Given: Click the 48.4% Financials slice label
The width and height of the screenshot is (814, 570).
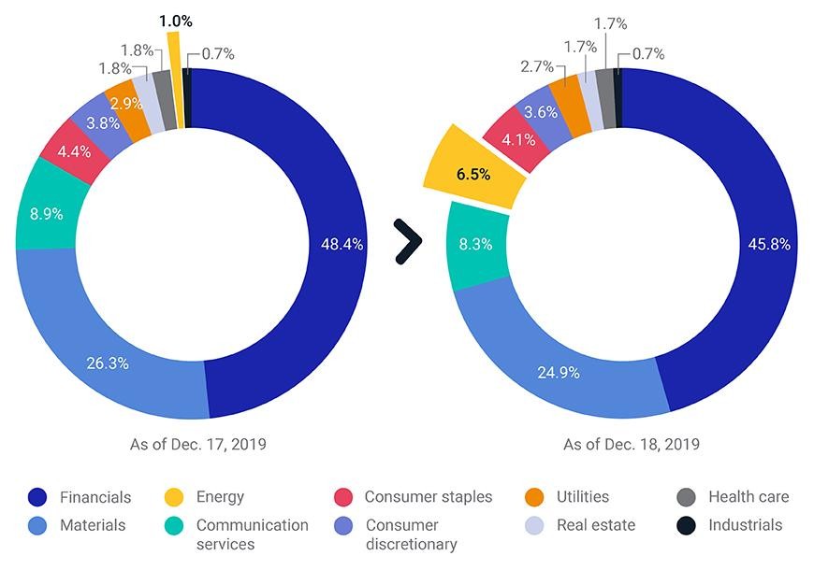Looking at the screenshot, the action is (x=342, y=244).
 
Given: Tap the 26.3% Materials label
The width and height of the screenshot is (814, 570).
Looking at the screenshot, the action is (x=108, y=363).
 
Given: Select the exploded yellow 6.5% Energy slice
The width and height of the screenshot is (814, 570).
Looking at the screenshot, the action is (x=473, y=167).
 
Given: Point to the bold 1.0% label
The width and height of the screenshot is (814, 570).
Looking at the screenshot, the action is (x=176, y=21).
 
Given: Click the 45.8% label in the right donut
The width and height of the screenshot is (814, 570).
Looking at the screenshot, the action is (x=769, y=244).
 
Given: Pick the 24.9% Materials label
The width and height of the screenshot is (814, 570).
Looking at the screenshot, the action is (x=559, y=373).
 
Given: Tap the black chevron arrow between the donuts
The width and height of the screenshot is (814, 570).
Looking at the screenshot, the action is (x=408, y=242).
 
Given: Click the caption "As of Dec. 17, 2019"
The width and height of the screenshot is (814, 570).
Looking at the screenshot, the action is (x=197, y=445).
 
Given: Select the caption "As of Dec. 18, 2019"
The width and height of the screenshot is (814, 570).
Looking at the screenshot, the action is (x=632, y=445).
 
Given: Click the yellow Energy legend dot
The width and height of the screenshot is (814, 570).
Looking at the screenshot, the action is (x=174, y=497).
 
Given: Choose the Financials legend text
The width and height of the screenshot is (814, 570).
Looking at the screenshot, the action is (x=95, y=497).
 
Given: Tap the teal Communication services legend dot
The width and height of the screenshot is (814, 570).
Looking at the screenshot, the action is (x=174, y=526).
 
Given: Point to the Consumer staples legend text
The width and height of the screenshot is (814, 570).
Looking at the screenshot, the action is (x=429, y=497).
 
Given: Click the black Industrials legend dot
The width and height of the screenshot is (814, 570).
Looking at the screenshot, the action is (x=686, y=526).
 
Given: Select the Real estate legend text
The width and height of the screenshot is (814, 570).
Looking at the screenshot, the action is (x=596, y=525).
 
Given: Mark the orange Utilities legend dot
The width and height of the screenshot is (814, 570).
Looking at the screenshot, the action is (x=534, y=497).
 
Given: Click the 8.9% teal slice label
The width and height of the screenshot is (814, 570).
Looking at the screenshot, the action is (x=46, y=214).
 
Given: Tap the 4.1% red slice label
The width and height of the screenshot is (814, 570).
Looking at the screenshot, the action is (x=518, y=139).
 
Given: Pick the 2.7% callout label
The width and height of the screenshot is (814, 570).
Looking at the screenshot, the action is (x=537, y=66).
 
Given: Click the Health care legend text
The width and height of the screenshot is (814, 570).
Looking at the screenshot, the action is (x=749, y=497).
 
